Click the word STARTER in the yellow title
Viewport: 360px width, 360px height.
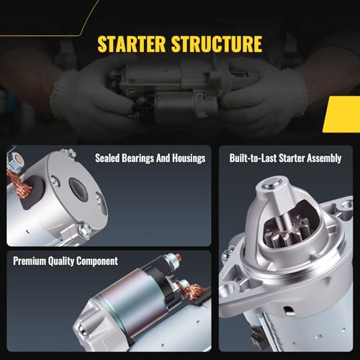131,44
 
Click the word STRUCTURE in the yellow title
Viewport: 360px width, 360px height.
217,44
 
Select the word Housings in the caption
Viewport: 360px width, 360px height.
189,158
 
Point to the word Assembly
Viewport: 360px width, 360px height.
324,158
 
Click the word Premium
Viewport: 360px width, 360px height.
30,261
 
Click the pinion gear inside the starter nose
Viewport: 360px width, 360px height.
287,233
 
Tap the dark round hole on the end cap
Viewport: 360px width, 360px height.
78,188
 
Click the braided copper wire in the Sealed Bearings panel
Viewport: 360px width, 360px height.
19,184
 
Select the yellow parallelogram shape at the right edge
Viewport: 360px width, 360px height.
341,114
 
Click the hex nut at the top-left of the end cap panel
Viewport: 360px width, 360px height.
17,161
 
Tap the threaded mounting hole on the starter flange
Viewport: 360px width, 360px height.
346,204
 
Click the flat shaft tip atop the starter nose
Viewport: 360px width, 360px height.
271,184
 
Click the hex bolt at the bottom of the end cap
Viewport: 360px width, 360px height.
84,230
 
